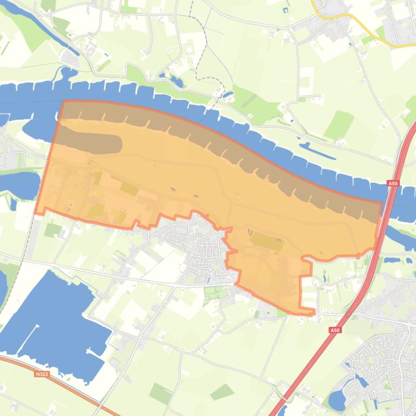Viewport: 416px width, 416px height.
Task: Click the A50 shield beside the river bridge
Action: pos(393,184)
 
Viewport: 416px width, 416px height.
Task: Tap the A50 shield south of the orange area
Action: pos(335,330)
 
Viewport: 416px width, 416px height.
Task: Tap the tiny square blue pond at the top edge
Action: pos(285,10)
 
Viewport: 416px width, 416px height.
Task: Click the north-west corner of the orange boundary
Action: pos(64,101)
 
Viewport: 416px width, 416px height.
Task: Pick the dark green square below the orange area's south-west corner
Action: pos(52,230)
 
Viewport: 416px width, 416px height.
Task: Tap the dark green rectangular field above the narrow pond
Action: pos(339,124)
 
